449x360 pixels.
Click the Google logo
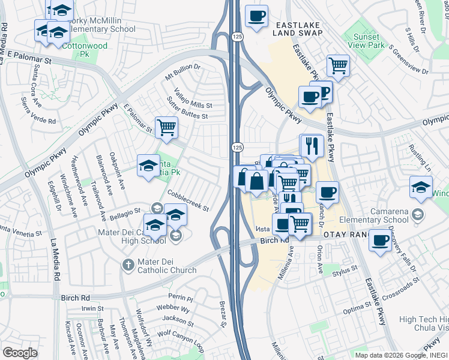coord(20,353)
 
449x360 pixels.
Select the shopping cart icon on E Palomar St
coord(166,127)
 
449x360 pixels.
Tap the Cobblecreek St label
coord(188,201)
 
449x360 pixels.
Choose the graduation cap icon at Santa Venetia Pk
coord(148,166)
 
